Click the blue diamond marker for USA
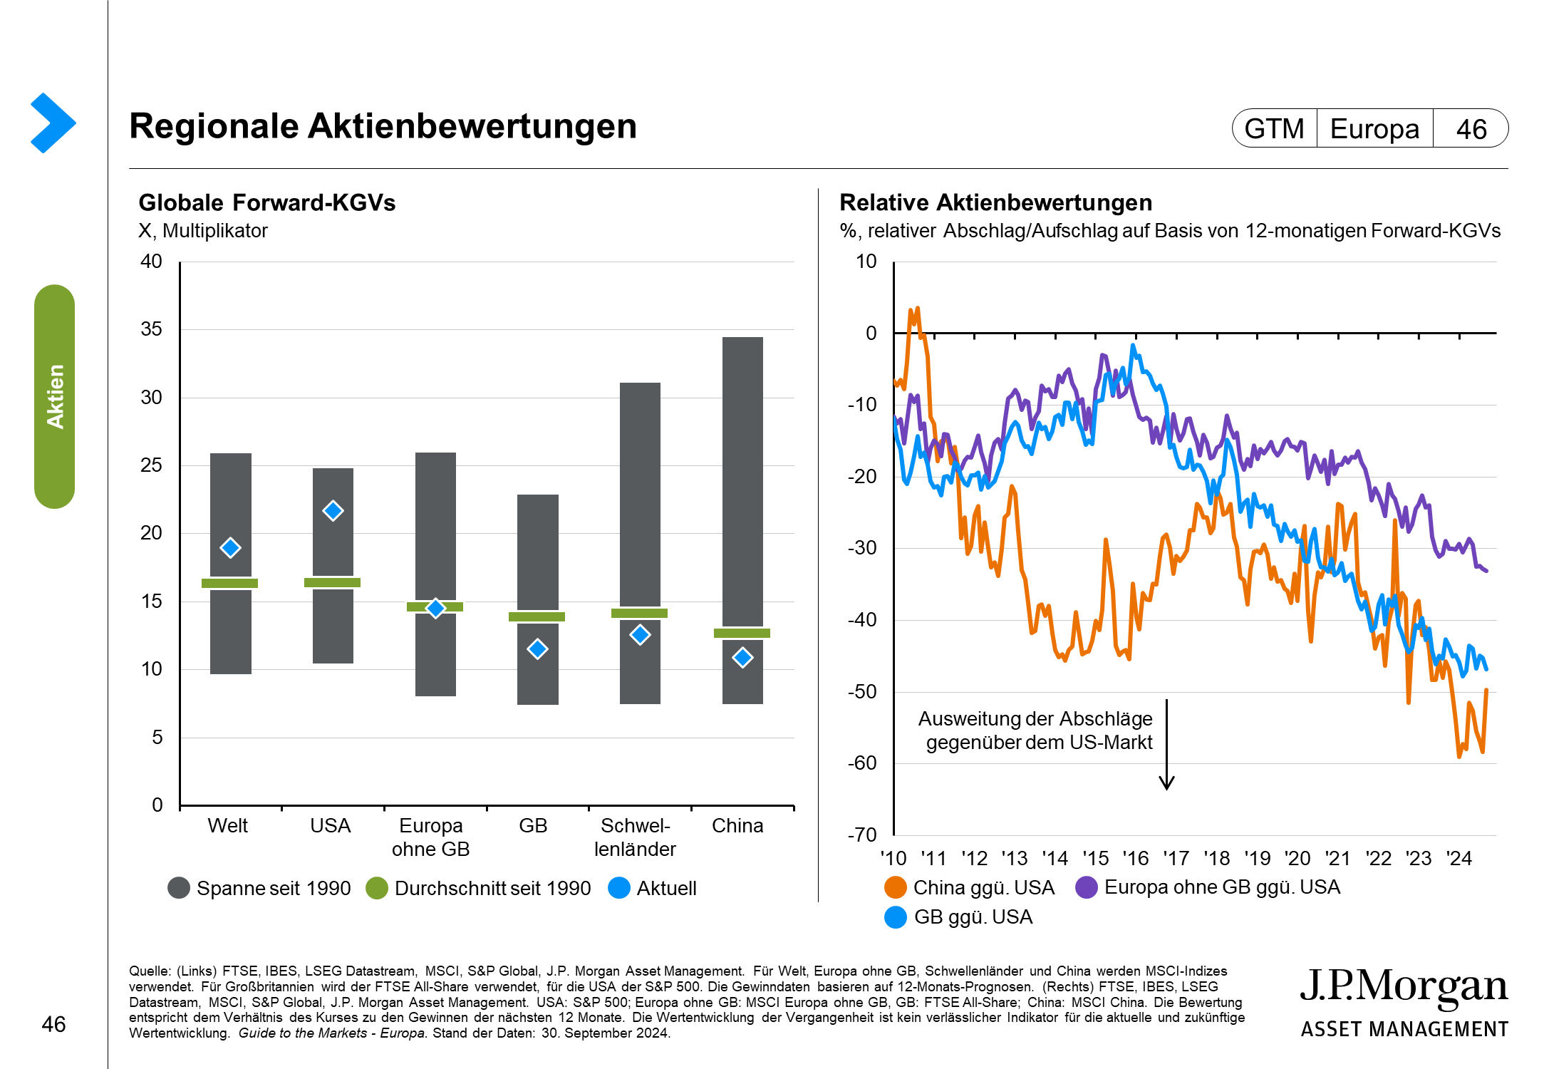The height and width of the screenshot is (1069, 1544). tap(333, 510)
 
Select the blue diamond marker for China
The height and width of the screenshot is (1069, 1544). tap(742, 657)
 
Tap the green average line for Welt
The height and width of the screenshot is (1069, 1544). tap(229, 583)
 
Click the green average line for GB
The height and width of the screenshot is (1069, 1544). tap(537, 616)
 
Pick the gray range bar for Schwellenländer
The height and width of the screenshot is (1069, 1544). tap(640, 499)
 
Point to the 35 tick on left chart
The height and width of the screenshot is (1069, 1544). tap(151, 329)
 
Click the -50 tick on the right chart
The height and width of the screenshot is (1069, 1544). tap(862, 691)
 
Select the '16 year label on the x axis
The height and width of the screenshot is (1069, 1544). tap(1136, 858)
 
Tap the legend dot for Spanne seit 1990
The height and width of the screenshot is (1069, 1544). tap(179, 888)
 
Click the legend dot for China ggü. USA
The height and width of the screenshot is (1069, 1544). tap(895, 887)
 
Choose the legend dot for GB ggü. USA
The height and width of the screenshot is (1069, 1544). tap(895, 917)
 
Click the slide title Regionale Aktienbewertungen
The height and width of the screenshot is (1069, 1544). tap(383, 127)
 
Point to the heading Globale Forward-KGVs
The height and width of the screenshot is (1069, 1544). tap(266, 203)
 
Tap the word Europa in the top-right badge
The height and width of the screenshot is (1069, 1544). tap(1374, 129)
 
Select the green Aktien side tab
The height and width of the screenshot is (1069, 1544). tap(55, 396)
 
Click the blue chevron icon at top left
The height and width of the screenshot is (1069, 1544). tap(53, 123)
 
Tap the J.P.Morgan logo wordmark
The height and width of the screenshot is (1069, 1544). tap(1404, 988)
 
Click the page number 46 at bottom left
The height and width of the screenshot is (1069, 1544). tap(53, 1024)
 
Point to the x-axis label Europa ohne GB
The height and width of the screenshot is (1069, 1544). tap(431, 837)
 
